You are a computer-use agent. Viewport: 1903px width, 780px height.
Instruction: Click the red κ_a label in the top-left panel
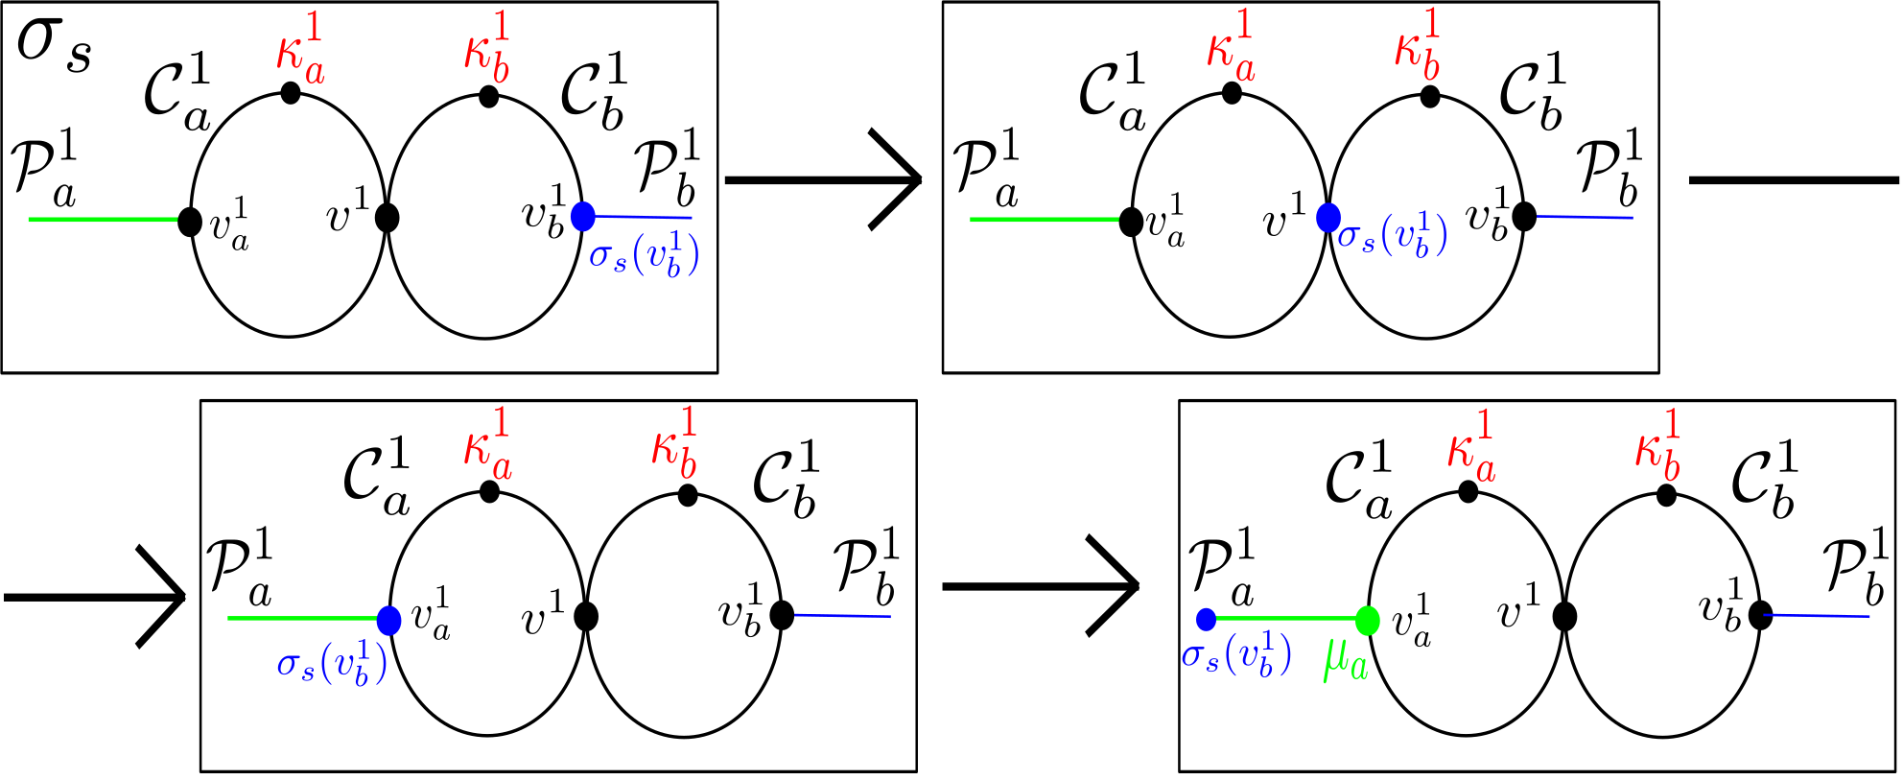pyautogui.click(x=301, y=50)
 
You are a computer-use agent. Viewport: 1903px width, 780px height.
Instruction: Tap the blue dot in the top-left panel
pyautogui.click(x=583, y=217)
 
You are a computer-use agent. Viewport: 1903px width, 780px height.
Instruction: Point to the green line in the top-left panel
pyautogui.click(x=103, y=220)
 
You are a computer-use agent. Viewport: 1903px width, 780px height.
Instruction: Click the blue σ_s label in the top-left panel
pyautogui.click(x=644, y=254)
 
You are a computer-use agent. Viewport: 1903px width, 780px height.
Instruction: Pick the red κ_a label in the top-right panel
pyautogui.click(x=1232, y=48)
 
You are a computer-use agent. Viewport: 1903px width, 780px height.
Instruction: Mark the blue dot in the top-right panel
pyautogui.click(x=1328, y=218)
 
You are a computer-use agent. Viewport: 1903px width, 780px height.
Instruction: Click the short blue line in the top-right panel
pyautogui.click(x=1585, y=217)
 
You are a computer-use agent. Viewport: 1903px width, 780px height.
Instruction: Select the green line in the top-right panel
pyautogui.click(x=1045, y=220)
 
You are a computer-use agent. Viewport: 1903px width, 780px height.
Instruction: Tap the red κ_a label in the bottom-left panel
pyautogui.click(x=488, y=445)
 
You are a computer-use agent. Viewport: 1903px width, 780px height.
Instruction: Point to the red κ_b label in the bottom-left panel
pyautogui.click(x=675, y=445)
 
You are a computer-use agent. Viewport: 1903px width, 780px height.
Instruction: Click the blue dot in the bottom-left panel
pyautogui.click(x=388, y=621)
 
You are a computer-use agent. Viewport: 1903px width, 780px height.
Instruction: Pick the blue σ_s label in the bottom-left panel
pyautogui.click(x=332, y=663)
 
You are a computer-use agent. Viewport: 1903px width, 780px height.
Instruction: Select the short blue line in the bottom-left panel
pyautogui.click(x=842, y=615)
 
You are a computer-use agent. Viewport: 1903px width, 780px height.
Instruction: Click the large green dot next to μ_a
pyautogui.click(x=1368, y=621)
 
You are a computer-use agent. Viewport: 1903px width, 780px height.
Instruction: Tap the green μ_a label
pyautogui.click(x=1346, y=660)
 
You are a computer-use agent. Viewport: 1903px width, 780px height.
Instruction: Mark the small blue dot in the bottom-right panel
pyautogui.click(x=1207, y=619)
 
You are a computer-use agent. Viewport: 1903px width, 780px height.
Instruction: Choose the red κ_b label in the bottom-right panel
pyautogui.click(x=1658, y=447)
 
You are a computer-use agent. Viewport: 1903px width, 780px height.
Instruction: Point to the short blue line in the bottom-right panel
pyautogui.click(x=1817, y=615)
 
